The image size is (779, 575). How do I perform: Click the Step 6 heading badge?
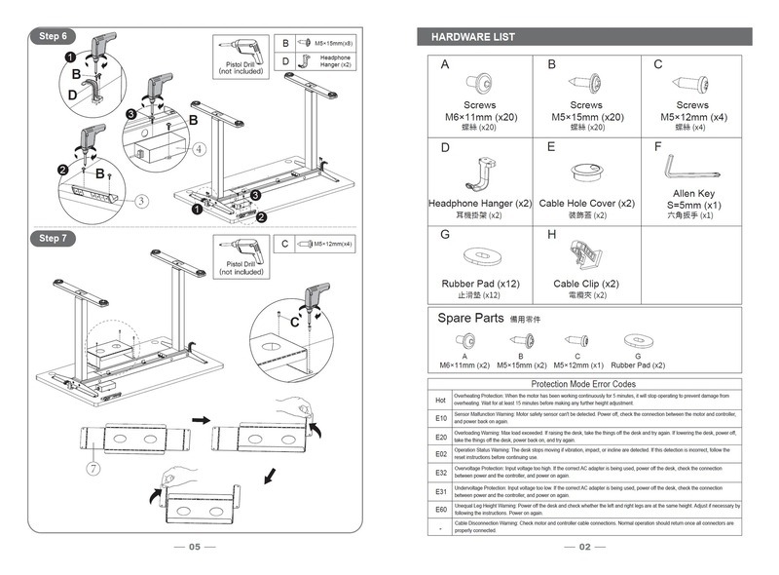[x=52, y=37]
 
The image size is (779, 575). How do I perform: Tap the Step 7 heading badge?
[x=52, y=238]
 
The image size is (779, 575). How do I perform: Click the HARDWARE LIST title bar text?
[x=466, y=37]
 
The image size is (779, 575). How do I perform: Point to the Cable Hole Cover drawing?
[x=586, y=172]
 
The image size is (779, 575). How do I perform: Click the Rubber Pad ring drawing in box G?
[x=479, y=256]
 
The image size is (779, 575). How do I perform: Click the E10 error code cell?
[x=440, y=417]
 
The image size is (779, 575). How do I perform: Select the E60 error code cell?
[x=440, y=509]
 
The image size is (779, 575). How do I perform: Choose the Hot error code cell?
[x=440, y=400]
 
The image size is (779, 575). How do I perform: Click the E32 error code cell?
[x=440, y=473]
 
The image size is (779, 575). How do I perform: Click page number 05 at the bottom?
[x=195, y=547]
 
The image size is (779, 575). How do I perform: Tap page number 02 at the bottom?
[x=584, y=547]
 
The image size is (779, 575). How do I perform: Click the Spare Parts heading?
[x=470, y=318]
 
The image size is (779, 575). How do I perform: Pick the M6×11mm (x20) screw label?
[x=480, y=117]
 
